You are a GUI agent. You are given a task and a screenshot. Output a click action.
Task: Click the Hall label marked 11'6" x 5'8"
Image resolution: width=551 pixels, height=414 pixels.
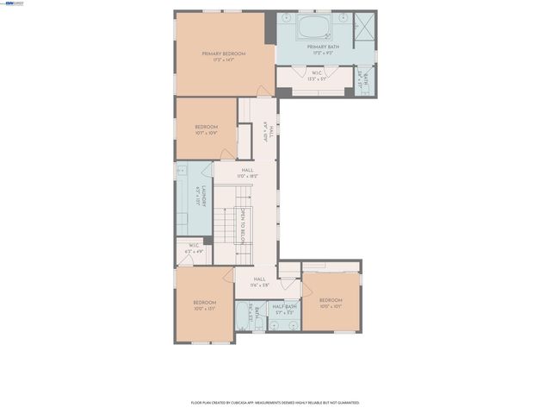click(x=259, y=281)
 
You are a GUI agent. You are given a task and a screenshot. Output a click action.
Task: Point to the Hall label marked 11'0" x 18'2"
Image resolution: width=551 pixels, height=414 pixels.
click(x=247, y=172)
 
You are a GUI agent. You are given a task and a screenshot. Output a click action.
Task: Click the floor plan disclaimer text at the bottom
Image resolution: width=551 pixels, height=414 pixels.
click(x=275, y=402)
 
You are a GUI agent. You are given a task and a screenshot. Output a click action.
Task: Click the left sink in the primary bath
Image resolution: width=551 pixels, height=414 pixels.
click(x=288, y=17)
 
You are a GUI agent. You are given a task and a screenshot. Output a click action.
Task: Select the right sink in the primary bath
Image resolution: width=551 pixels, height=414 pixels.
click(x=343, y=17)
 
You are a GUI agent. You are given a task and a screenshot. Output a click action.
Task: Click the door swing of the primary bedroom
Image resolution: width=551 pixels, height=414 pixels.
click(x=262, y=89)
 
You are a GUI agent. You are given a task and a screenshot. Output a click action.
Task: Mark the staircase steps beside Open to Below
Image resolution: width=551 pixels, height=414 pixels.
click(x=226, y=226)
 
